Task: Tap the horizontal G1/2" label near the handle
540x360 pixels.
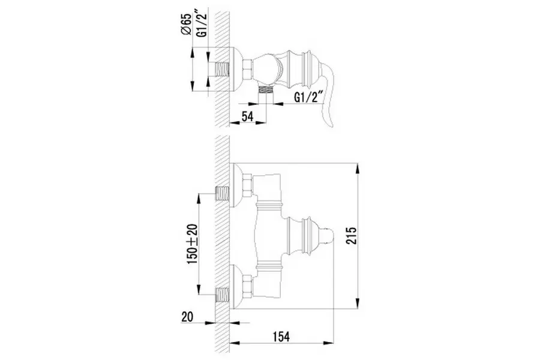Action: tap(309, 97)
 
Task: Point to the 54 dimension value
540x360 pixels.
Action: tap(247, 116)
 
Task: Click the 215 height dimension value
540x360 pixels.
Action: tap(352, 236)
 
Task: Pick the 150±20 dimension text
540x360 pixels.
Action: tap(192, 244)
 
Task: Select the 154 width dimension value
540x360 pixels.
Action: tap(281, 336)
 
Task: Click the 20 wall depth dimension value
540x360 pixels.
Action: tap(187, 317)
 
